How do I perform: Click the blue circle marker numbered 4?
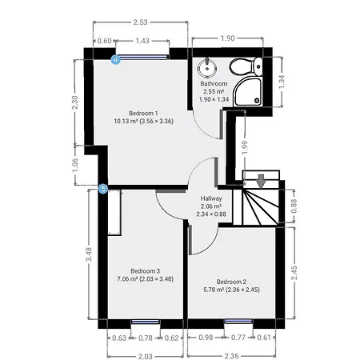[x=116, y=59]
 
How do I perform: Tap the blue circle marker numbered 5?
[x=103, y=189]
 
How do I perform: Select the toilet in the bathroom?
[x=246, y=66]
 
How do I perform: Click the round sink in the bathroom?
[x=206, y=67]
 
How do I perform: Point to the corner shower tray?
[x=248, y=92]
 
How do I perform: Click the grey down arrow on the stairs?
[x=261, y=181]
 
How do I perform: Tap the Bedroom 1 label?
[x=143, y=114]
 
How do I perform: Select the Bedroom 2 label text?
[x=231, y=282]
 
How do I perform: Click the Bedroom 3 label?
[x=146, y=271]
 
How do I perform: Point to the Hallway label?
[x=211, y=198]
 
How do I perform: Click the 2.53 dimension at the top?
[x=140, y=22]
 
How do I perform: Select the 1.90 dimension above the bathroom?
[x=227, y=38]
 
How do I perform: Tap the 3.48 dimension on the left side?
[x=90, y=254]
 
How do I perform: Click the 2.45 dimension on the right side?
[x=294, y=273]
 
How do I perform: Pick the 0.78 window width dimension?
[x=146, y=338]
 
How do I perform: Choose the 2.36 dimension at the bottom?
[x=231, y=356]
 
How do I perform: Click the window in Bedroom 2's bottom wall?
[x=238, y=322]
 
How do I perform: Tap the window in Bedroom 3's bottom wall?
[x=146, y=322]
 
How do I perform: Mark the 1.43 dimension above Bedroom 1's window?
[x=142, y=41]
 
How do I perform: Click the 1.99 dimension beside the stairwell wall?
[x=245, y=147]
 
